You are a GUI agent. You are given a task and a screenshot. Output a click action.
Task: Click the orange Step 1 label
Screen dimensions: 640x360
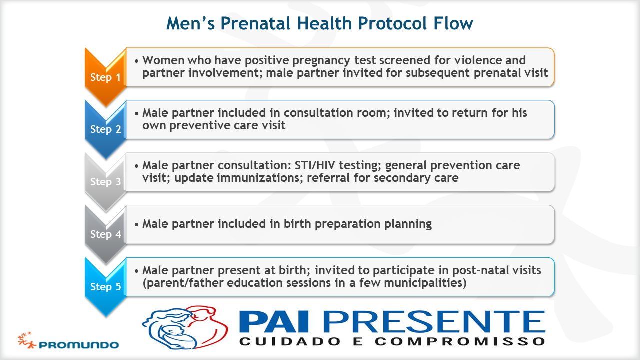(105, 77)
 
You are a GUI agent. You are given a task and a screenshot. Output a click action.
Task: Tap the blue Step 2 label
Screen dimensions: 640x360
(105, 129)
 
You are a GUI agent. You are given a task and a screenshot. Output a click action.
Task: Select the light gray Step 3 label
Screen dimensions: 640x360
(105, 181)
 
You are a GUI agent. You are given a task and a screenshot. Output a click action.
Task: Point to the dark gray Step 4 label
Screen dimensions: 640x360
(105, 234)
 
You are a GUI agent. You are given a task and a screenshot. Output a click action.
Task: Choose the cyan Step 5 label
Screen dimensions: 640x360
(105, 287)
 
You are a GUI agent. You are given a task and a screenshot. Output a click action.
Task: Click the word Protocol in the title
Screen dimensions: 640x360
(392, 23)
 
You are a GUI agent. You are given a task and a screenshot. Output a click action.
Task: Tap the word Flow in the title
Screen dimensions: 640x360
(453, 23)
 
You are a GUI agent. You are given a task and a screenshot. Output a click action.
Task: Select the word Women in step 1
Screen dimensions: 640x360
(162, 60)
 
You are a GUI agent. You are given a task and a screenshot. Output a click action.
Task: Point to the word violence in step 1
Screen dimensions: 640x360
(480, 60)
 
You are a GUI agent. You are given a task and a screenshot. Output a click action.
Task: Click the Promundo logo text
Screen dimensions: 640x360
(79, 345)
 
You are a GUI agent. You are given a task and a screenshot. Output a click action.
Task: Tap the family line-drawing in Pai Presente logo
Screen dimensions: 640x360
(185, 328)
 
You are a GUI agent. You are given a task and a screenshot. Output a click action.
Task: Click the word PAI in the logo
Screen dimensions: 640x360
(274, 322)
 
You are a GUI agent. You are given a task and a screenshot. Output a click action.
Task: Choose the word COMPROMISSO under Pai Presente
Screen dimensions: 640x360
(460, 341)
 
